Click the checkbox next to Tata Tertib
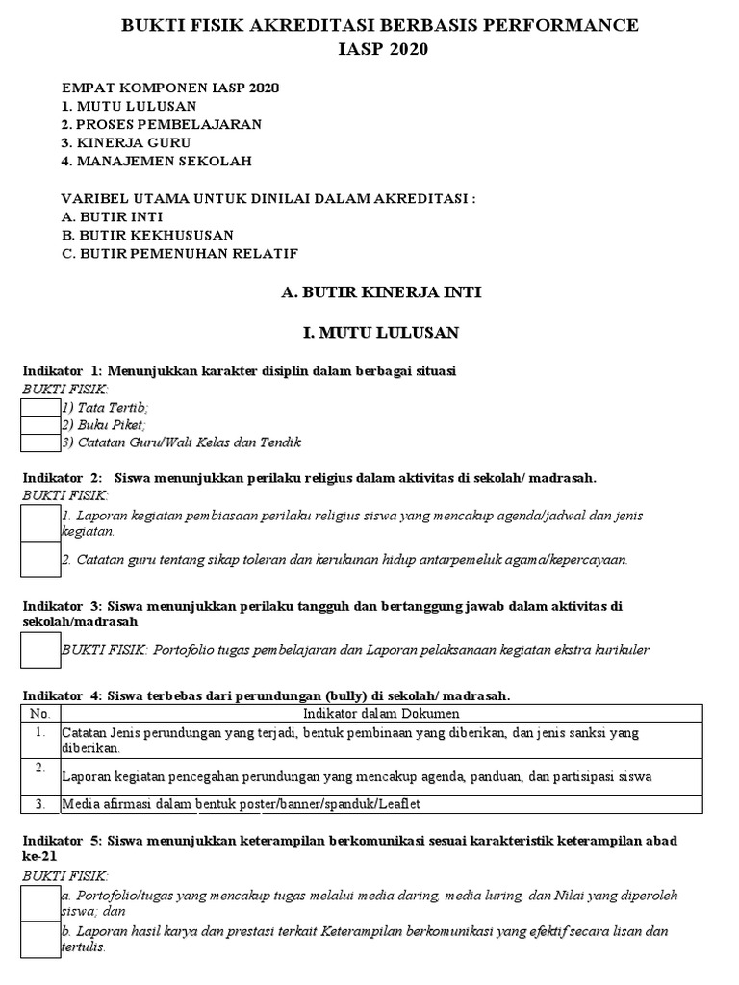[40, 408]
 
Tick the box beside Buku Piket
[40, 425]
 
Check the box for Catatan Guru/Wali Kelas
[40, 442]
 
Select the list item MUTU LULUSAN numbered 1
[129, 106]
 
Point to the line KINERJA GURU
[126, 142]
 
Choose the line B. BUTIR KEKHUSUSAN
[147, 235]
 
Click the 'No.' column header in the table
[39, 714]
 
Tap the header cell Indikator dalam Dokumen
[381, 714]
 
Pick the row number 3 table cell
[39, 803]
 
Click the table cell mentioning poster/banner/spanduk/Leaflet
[241, 803]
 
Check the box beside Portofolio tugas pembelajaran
[40, 649]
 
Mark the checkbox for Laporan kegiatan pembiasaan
[40, 522]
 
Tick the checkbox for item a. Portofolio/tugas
[40, 902]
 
